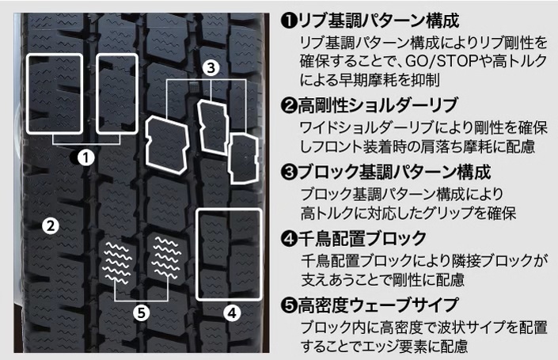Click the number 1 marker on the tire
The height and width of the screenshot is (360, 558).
coord(87,157)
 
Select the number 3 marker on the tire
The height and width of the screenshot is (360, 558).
coord(211,69)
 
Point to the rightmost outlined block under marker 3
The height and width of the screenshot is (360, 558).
coord(242,154)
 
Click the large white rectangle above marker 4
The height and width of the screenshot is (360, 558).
coord(230,254)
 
